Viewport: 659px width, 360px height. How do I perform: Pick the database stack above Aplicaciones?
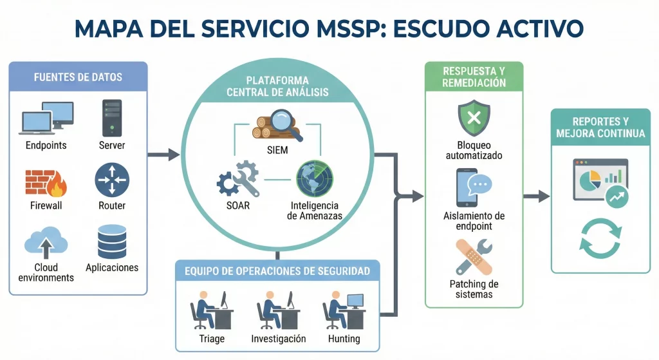(112, 241)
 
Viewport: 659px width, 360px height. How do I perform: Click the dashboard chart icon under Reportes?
(600, 182)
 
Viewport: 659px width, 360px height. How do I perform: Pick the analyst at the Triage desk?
(210, 310)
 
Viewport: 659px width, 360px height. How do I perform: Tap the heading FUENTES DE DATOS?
(78, 77)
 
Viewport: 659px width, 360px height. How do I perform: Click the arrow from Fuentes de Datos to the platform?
(163, 155)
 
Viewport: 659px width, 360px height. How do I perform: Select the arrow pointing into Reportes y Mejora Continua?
(536, 196)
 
